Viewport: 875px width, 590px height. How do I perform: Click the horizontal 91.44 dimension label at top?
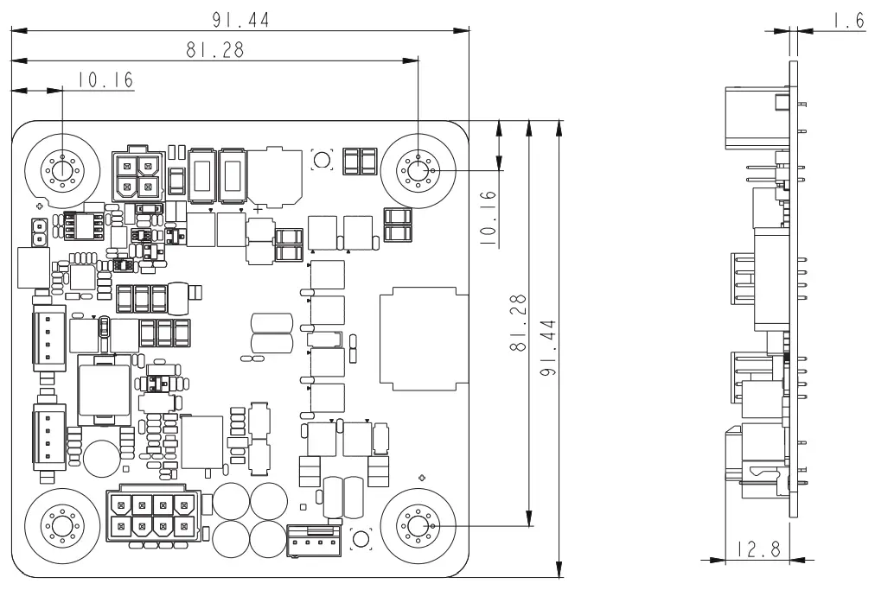point(240,20)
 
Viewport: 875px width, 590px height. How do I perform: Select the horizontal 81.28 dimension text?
point(214,49)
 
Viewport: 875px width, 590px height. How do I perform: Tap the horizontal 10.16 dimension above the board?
point(105,79)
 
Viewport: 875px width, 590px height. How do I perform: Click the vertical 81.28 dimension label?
point(519,323)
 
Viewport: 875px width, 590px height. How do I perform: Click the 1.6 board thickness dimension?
point(848,22)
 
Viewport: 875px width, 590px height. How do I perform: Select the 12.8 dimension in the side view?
point(757,550)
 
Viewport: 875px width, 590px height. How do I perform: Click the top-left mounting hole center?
point(62,169)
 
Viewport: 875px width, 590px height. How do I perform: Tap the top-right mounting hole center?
point(418,169)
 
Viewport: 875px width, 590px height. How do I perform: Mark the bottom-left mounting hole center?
point(62,525)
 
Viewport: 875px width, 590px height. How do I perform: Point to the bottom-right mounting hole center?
point(418,525)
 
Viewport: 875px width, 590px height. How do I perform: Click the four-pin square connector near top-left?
point(137,174)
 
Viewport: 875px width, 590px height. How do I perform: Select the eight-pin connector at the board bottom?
point(151,515)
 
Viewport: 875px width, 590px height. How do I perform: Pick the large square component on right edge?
point(425,339)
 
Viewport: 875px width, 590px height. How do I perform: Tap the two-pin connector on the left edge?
point(39,232)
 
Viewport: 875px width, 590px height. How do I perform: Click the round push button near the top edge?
point(322,160)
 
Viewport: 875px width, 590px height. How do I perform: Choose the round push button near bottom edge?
point(361,539)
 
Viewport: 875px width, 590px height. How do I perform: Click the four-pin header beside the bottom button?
point(314,540)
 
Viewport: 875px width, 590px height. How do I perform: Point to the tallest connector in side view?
point(758,117)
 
